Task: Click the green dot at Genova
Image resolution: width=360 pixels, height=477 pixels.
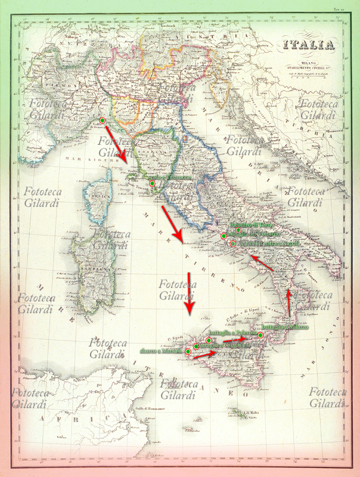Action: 103,120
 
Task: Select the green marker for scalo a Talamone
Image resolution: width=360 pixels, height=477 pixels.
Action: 153,184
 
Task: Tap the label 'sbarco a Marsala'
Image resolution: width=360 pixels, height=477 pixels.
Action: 162,352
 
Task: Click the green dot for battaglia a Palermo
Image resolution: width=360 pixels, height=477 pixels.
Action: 209,339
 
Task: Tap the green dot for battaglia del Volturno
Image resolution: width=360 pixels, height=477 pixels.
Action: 224,236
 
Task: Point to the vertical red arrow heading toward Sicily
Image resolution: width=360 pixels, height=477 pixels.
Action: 190,293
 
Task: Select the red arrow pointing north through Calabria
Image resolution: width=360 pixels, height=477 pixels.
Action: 289,301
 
